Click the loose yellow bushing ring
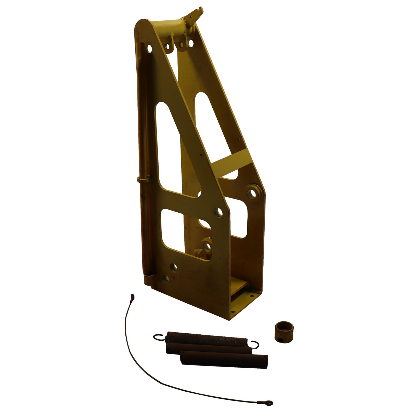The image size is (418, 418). click(x=284, y=331)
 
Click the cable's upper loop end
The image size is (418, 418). click(x=132, y=297)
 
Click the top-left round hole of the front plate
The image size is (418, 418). click(x=149, y=49)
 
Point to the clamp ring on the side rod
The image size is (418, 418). click(x=144, y=179)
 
